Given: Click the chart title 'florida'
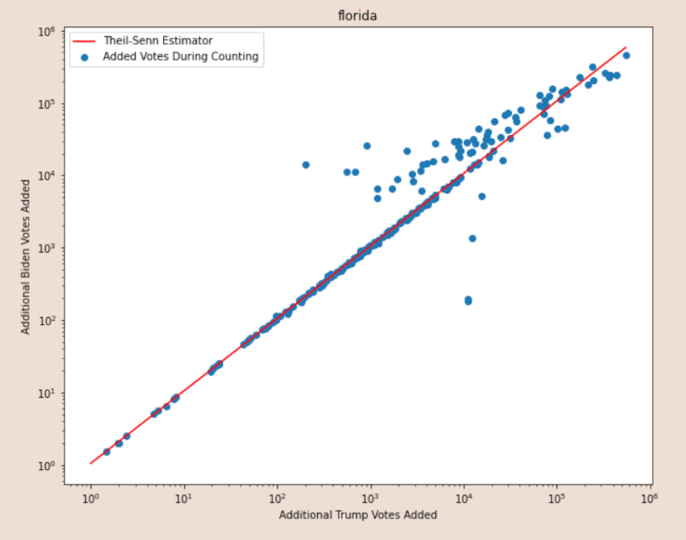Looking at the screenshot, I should point(358,15).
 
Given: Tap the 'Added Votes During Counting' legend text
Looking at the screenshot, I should point(181,56).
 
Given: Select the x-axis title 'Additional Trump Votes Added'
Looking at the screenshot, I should point(358,515).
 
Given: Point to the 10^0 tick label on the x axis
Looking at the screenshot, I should point(90,497).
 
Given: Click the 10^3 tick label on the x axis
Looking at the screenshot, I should point(370,497).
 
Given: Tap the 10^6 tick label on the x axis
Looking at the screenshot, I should point(650,497).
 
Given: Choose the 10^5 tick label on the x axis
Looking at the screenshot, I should point(556,497).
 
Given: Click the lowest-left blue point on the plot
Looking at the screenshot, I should point(107,451).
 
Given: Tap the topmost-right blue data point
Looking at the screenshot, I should point(626,55).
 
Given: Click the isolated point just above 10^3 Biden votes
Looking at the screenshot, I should point(472,238).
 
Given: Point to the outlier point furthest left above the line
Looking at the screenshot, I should point(305,165).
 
